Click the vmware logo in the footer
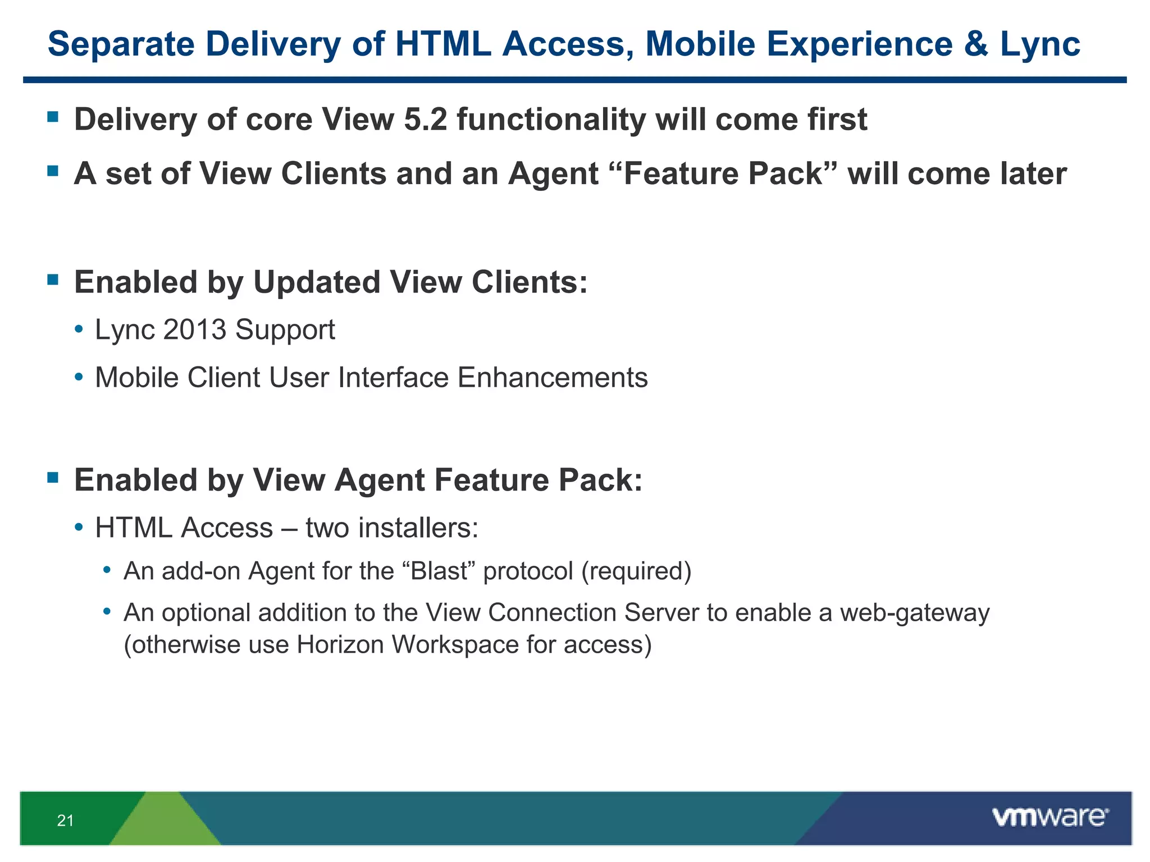(1050, 817)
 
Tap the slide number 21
(65, 820)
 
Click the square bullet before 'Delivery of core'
(53, 117)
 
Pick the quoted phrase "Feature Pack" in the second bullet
(723, 173)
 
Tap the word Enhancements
(553, 377)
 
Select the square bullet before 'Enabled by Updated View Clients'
(53, 279)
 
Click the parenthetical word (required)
(636, 571)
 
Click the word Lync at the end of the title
(1040, 45)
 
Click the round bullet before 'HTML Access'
(79, 528)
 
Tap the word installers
(418, 528)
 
